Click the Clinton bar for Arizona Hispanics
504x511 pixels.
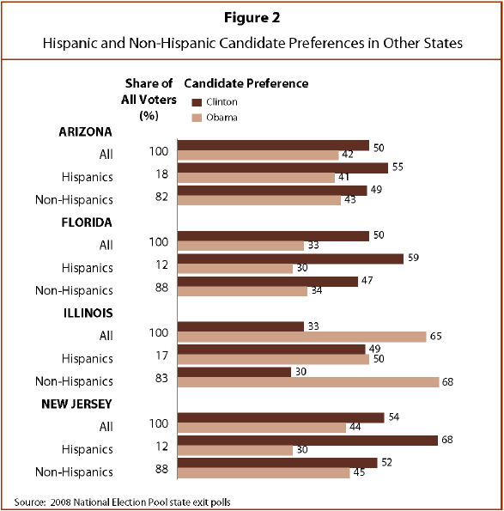coord(282,168)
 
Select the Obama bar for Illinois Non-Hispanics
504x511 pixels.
coord(308,382)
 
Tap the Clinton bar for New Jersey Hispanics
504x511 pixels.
coord(307,441)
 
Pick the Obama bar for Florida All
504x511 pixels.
coord(240,246)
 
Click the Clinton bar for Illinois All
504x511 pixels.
coord(240,326)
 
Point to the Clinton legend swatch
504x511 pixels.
coord(197,103)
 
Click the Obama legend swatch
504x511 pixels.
coord(197,118)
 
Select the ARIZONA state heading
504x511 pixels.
coord(85,132)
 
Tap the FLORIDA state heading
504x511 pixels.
coord(87,222)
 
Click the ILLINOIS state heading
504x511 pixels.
coord(88,313)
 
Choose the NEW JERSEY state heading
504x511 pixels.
coord(76,405)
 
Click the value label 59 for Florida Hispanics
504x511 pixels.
coord(413,258)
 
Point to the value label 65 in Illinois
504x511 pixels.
coord(435,336)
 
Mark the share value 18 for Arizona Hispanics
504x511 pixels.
coord(162,174)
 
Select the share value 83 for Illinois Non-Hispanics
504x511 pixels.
coord(161,378)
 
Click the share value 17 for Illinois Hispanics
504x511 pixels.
coord(162,356)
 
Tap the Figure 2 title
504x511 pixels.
coord(252,17)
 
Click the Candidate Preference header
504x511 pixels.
coord(246,83)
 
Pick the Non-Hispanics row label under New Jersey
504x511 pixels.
coord(74,471)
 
